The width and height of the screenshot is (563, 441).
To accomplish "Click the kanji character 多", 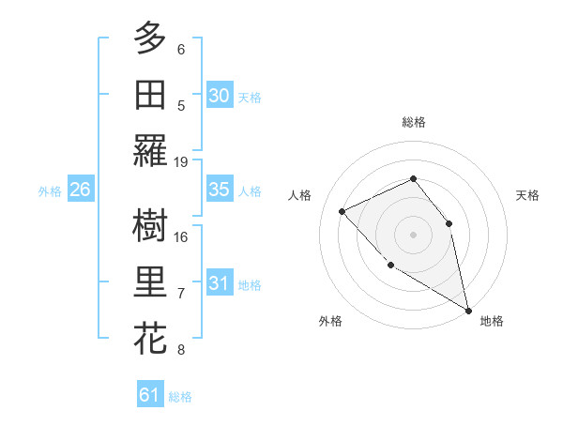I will [x=150, y=38].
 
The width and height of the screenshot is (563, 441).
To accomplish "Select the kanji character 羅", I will [x=150, y=150].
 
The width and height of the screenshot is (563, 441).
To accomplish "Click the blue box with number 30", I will [x=220, y=96].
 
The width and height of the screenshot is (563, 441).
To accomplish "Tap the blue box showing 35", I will [x=220, y=190].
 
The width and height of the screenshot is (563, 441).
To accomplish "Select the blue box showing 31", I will [x=220, y=283].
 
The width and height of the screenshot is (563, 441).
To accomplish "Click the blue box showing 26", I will [x=81, y=190].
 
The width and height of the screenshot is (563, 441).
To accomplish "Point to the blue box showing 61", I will [x=150, y=395].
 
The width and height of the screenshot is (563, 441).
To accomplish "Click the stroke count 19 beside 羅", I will [x=181, y=161].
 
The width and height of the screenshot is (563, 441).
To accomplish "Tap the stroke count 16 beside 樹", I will [x=181, y=236].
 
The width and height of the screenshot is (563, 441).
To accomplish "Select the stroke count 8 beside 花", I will [x=181, y=350].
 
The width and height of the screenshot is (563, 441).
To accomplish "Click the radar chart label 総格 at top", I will [x=413, y=122].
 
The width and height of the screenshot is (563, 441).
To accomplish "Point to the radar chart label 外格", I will [x=330, y=321].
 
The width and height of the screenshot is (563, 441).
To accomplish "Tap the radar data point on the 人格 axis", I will [x=342, y=211].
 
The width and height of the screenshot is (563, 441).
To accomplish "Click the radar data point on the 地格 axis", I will [x=469, y=311].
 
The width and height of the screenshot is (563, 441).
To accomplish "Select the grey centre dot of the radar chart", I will [x=413, y=234].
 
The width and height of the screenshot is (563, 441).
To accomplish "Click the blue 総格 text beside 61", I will [x=180, y=397].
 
